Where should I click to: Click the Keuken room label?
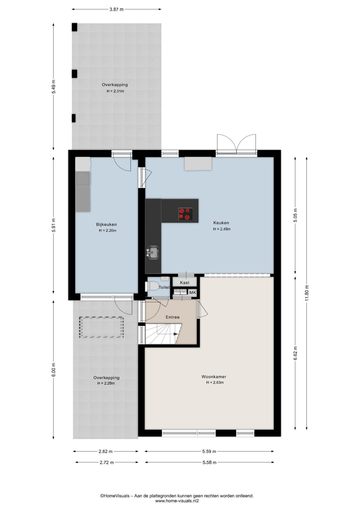pos(221,223)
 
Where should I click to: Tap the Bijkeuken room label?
pos(106,224)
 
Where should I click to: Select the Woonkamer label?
pos(214,377)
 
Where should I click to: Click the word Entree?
pos(172,317)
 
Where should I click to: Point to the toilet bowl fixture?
pos(152,286)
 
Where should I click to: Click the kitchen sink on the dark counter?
pos(154,252)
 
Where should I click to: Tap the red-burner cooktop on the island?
pos(185,214)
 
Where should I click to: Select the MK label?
pos(193,292)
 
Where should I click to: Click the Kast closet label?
pos(184,282)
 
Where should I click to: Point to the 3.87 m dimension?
pos(116,9)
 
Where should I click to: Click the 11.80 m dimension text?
pos(307,293)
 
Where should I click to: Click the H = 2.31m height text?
pos(115,91)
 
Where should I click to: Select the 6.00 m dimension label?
pos(54,370)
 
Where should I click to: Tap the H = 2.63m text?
pos(215,382)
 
